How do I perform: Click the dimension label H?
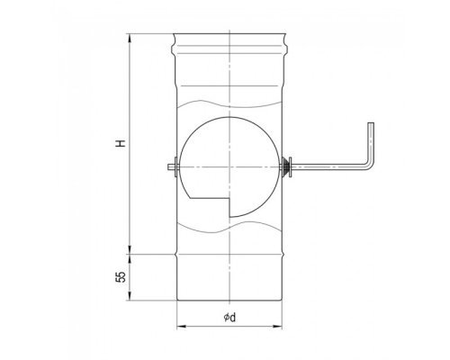click(x=121, y=143)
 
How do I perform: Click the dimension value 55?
click(x=121, y=277)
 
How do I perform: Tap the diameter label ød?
click(x=229, y=317)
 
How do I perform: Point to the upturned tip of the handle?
click(x=371, y=123)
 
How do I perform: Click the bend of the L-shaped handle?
click(x=369, y=165)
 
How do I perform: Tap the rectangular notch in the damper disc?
click(x=210, y=207)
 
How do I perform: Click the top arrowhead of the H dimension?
click(x=130, y=37)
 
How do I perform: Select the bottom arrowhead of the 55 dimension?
click(x=130, y=296)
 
